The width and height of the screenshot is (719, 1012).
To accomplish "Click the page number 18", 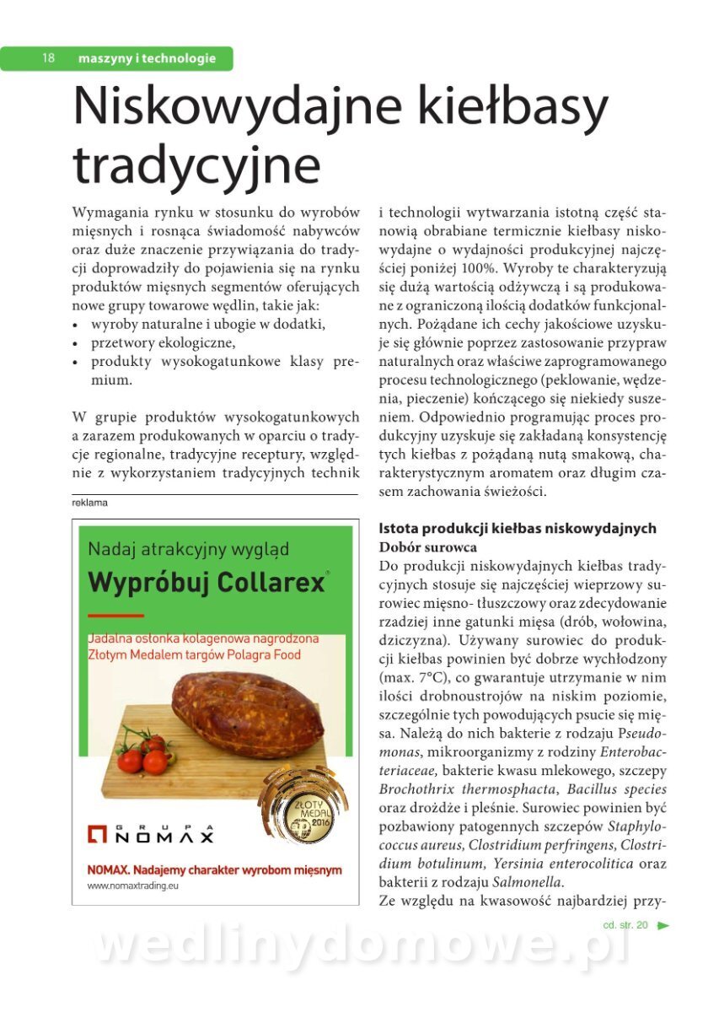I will [x=48, y=58].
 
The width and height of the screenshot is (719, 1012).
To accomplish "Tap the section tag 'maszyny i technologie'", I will [x=147, y=58].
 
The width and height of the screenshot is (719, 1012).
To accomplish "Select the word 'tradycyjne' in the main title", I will [x=197, y=166].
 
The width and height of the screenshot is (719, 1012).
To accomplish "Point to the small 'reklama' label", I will [x=90, y=503].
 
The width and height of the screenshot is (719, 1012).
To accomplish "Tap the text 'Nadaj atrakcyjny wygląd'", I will [x=189, y=549].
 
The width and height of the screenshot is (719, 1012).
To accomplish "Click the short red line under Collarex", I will [x=115, y=616].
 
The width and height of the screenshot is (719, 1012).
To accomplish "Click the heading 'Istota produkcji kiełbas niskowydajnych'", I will [x=518, y=529].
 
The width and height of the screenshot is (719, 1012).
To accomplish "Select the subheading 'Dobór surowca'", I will [x=427, y=546].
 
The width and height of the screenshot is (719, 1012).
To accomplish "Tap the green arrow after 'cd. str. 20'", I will [x=663, y=925].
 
